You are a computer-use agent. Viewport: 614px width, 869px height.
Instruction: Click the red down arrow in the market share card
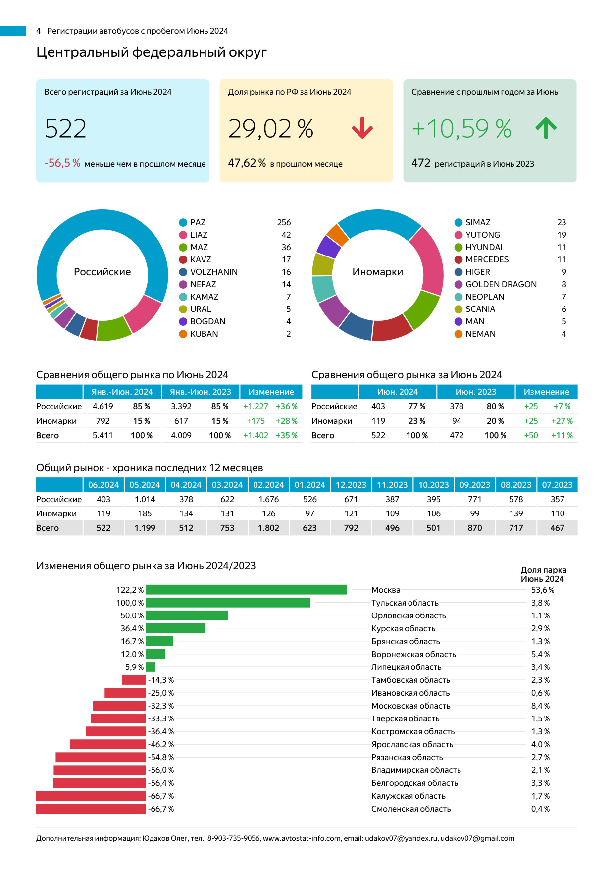[x=362, y=128]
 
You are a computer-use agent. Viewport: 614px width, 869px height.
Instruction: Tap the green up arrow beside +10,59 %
[x=546, y=128]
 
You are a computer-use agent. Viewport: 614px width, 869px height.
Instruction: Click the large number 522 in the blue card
[x=65, y=129]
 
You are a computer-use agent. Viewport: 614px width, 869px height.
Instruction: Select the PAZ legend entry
[x=198, y=223]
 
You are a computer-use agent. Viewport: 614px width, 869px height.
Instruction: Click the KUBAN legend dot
[x=183, y=334]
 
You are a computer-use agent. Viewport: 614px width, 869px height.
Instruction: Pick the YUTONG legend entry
[x=482, y=235]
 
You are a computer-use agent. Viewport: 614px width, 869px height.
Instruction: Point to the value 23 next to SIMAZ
[x=561, y=223]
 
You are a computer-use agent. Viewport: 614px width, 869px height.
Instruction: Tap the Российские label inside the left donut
[x=102, y=272]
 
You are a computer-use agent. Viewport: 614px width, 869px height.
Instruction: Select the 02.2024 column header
[x=268, y=485]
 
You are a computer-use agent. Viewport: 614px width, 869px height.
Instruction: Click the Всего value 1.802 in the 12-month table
[x=268, y=528]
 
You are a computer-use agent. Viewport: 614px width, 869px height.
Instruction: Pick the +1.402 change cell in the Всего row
[x=256, y=436]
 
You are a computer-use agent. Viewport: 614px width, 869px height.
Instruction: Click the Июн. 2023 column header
[x=475, y=392]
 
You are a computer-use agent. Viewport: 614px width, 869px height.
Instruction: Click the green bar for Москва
[x=246, y=590]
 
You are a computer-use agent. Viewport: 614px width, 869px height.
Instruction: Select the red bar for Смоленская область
[x=91, y=809]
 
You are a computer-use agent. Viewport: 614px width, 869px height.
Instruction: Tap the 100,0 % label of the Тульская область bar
[x=130, y=603]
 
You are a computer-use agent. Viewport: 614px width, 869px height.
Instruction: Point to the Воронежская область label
[x=413, y=654]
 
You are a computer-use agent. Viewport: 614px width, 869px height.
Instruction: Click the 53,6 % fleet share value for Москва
[x=542, y=590]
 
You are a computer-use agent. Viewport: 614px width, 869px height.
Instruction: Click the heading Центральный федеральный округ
[x=152, y=52]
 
